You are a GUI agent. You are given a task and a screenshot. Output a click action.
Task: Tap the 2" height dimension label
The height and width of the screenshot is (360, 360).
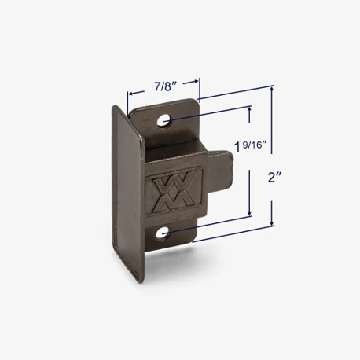(x=274, y=178)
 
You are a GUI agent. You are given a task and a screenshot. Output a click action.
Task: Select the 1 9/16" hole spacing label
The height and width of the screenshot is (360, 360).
(x=251, y=146)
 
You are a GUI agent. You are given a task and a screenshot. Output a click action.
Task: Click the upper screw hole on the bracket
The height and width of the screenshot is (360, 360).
(x=163, y=121)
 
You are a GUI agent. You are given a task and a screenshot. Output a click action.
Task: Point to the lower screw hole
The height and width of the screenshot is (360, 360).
(x=163, y=233)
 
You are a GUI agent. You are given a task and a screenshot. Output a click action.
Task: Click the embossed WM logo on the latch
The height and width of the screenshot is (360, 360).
(x=174, y=191)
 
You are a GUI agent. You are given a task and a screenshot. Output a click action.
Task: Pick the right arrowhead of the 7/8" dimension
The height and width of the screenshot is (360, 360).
(x=195, y=82)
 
